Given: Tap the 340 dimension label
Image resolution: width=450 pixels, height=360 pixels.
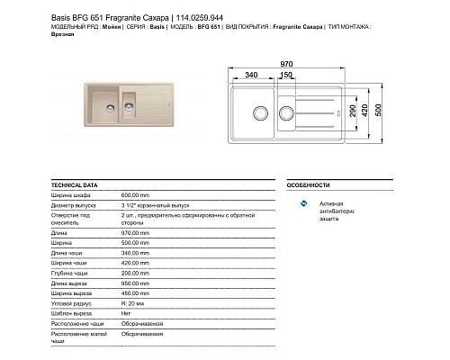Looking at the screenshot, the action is click(x=251, y=76).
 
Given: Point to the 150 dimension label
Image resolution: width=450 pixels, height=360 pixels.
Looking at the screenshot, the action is click(x=285, y=76).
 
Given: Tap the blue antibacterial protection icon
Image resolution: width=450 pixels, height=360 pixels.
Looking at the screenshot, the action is click(x=304, y=206).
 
